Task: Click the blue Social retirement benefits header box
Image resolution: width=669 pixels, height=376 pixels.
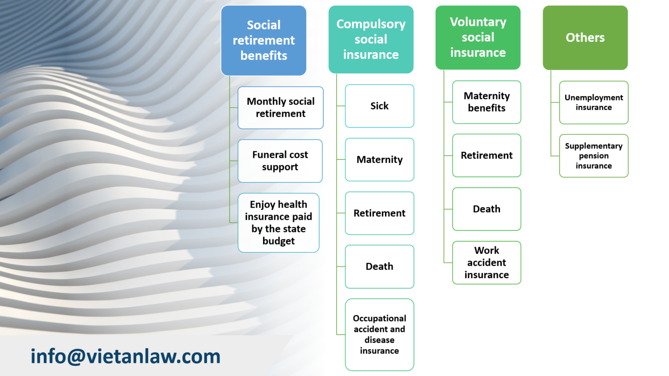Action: [x=264, y=40]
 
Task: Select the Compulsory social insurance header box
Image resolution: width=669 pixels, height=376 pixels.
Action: [x=371, y=39]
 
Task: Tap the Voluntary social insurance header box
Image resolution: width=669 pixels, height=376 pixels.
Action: [x=478, y=37]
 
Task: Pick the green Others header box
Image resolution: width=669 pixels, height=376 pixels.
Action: [x=585, y=37]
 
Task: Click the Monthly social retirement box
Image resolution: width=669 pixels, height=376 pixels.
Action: [x=280, y=107]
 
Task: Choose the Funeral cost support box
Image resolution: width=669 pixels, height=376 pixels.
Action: [x=280, y=161]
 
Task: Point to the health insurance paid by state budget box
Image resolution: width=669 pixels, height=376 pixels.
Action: [x=278, y=223]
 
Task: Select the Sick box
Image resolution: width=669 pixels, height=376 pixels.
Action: [x=379, y=106]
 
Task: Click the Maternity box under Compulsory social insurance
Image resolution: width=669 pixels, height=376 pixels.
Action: [x=379, y=160]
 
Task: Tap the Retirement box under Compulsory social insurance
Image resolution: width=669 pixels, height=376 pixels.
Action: [x=379, y=213]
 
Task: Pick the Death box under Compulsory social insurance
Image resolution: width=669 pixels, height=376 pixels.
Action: [x=379, y=267]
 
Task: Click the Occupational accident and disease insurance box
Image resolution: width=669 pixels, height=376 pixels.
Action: [x=379, y=335]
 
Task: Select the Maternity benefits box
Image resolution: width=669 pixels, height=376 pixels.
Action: [x=487, y=102]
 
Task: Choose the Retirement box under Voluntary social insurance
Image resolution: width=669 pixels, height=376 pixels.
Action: [x=487, y=155]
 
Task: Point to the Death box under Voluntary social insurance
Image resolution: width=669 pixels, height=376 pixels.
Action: [x=487, y=209]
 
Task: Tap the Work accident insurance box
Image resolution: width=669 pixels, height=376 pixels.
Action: [x=487, y=263]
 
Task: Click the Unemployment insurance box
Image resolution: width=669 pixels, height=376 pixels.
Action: [x=594, y=103]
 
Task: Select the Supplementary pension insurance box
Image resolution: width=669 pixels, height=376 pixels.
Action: [x=594, y=156]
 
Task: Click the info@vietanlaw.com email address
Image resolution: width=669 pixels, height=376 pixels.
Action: [x=125, y=356]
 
